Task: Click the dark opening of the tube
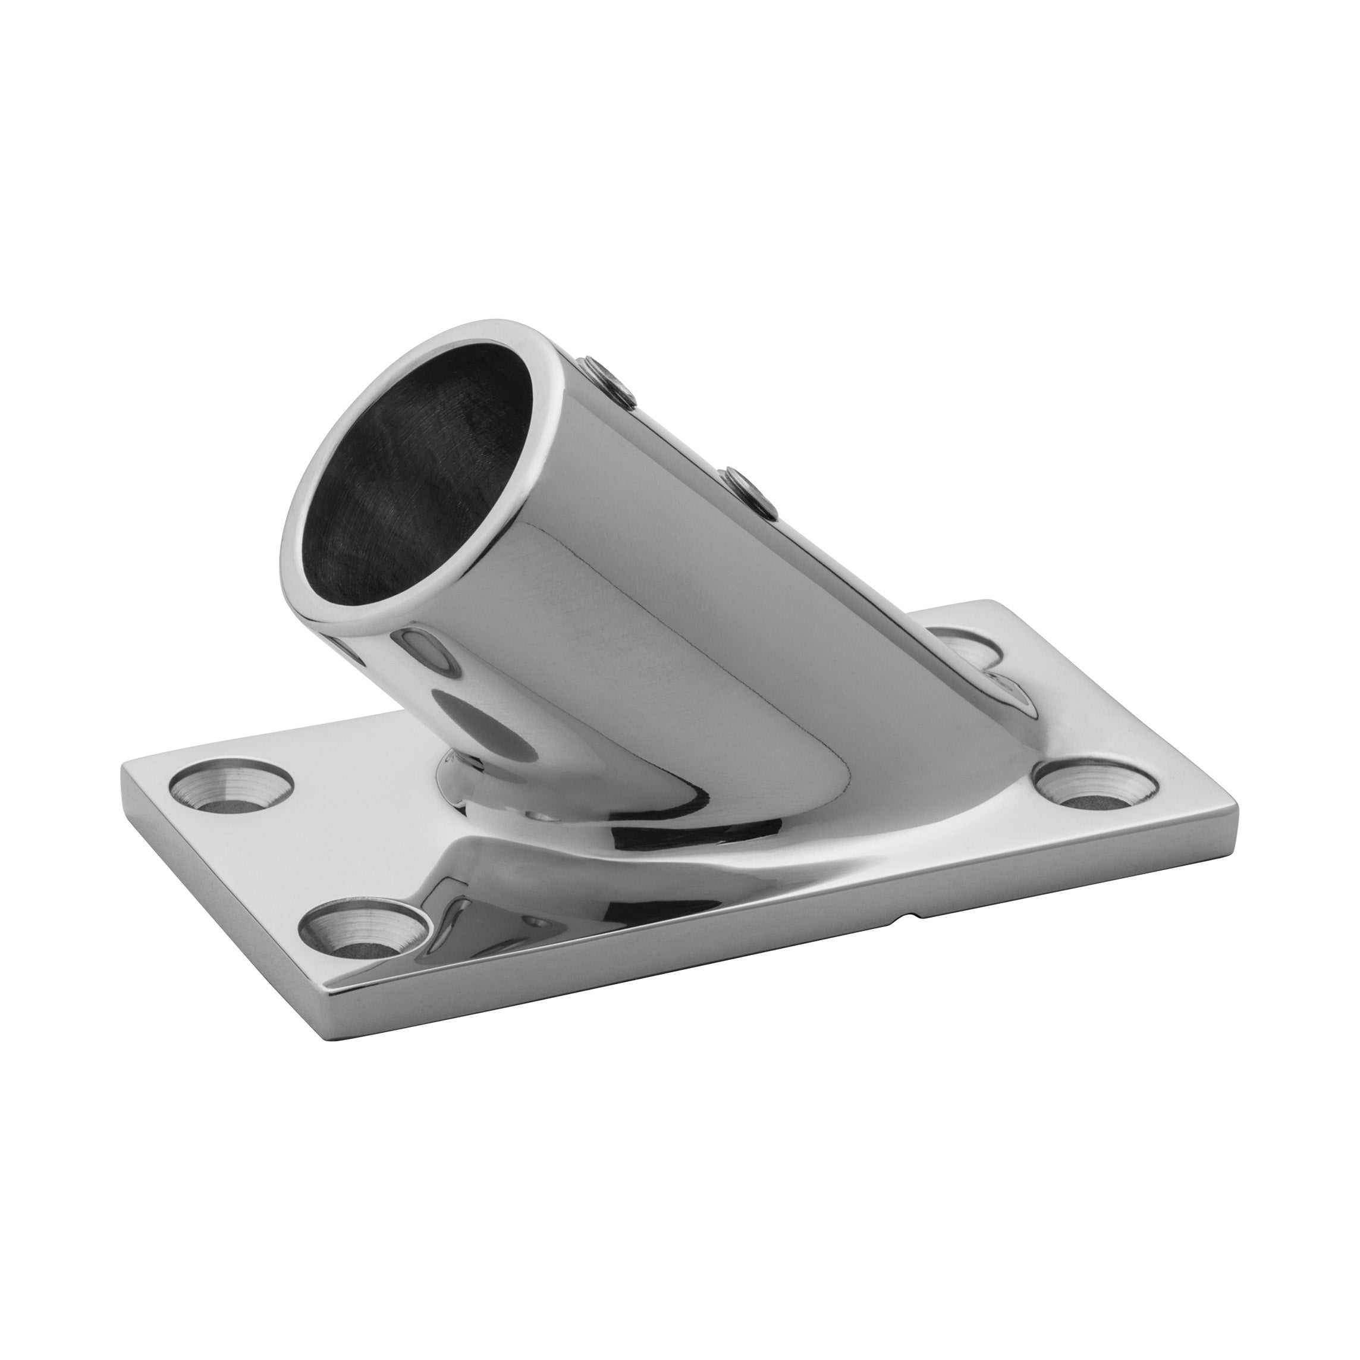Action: [409, 486]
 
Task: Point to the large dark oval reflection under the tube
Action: [486, 725]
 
